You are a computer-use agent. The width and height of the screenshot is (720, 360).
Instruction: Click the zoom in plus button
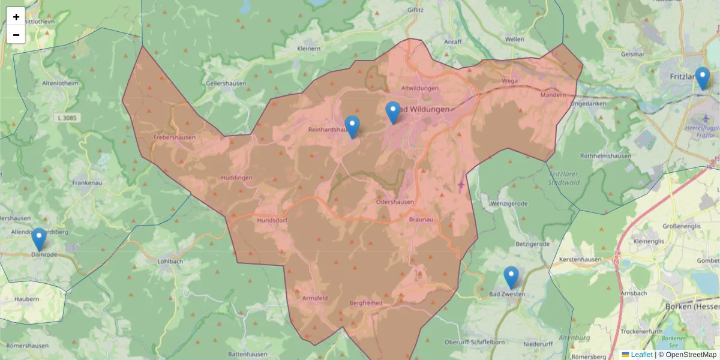point(16,16)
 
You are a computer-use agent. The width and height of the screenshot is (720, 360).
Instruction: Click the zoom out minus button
point(16,35)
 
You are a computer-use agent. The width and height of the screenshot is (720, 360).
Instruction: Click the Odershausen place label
point(395,202)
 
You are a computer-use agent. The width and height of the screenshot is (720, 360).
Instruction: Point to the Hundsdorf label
point(273,221)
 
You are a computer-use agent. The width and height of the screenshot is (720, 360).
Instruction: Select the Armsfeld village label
point(315,298)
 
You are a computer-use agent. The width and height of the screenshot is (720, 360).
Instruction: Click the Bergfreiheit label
point(365,304)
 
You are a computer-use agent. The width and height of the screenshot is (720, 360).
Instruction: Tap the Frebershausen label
point(175,137)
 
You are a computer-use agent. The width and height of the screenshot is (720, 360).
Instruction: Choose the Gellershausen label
point(226,83)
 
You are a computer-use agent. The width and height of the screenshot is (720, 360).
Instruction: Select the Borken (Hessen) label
point(692,306)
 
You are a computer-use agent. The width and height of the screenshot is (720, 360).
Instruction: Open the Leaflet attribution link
point(641,355)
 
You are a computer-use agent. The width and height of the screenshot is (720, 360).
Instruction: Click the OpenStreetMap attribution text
point(687,355)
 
